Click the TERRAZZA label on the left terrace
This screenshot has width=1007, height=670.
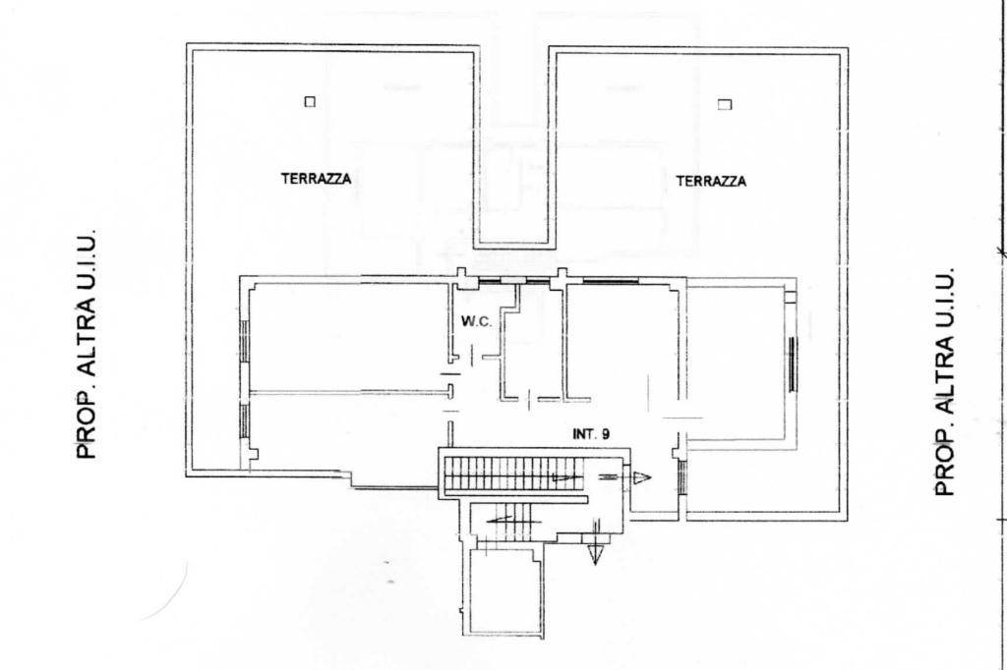click(316, 179)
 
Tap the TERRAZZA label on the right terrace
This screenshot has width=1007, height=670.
click(711, 182)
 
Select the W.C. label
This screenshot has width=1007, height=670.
click(477, 321)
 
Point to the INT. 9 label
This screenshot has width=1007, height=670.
click(591, 434)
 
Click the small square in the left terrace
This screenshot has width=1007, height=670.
click(310, 101)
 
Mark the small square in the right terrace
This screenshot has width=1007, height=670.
click(725, 104)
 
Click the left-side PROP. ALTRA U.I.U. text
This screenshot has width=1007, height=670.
click(87, 343)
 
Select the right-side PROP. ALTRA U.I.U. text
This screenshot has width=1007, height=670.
click(944, 381)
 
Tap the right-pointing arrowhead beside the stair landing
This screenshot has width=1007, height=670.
click(642, 477)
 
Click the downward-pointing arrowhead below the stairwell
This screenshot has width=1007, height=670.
click(595, 553)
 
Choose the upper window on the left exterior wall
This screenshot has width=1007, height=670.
click(244, 340)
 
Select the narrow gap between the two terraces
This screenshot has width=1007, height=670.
click(513, 147)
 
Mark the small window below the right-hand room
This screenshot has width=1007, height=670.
click(682, 476)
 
